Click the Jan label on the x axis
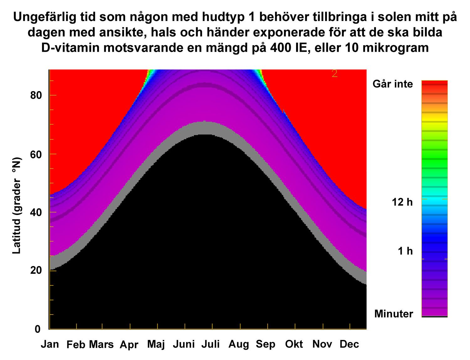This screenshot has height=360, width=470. tap(50, 344)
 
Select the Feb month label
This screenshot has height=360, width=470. tap(76, 345)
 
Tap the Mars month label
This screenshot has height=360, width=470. tap(101, 344)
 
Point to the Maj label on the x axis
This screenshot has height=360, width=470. tap(156, 344)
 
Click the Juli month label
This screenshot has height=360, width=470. tap(211, 344)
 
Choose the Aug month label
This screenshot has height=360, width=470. tap(239, 344)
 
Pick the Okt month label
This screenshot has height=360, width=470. tap(294, 344)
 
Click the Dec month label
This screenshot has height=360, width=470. tap(349, 344)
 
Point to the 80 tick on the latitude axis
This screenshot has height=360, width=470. tap(36, 95)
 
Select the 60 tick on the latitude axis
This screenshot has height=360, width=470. tap(36, 154)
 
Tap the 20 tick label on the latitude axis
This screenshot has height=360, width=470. tap(36, 270)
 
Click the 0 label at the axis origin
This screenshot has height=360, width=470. tap(38, 329)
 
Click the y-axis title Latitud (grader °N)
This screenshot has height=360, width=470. tap(17, 206)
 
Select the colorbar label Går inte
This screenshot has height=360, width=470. tap(393, 84)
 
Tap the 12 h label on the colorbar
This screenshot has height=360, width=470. tap(402, 202)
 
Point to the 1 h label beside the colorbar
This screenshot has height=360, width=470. tap(405, 251)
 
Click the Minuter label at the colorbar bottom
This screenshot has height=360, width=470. tap(394, 314)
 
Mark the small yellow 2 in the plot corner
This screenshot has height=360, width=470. tap(335, 74)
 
